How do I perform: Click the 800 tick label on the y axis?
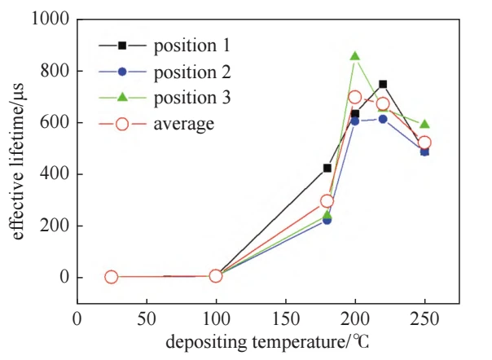pos(53,71)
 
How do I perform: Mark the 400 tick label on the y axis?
pos(53,174)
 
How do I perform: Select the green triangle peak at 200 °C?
pos(355,56)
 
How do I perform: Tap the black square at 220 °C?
pos(383,84)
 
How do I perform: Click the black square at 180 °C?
pos(327,168)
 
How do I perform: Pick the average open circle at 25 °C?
pos(112,277)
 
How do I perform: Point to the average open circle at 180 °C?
pos(327,201)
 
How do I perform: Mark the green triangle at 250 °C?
pos(424,124)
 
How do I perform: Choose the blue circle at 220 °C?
pos(383,119)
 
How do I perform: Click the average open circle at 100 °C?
pos(216,276)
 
